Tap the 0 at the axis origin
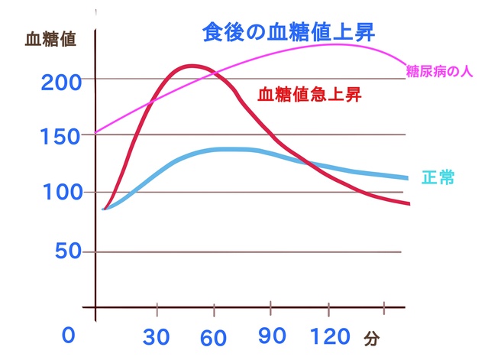[x=69, y=336]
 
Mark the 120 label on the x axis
[x=331, y=336]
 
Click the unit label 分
[x=371, y=337]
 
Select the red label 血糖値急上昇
[x=309, y=96]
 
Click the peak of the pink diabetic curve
[x=332, y=44]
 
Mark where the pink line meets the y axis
[x=96, y=131]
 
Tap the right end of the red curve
[x=410, y=204]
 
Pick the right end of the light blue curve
[x=406, y=178]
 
